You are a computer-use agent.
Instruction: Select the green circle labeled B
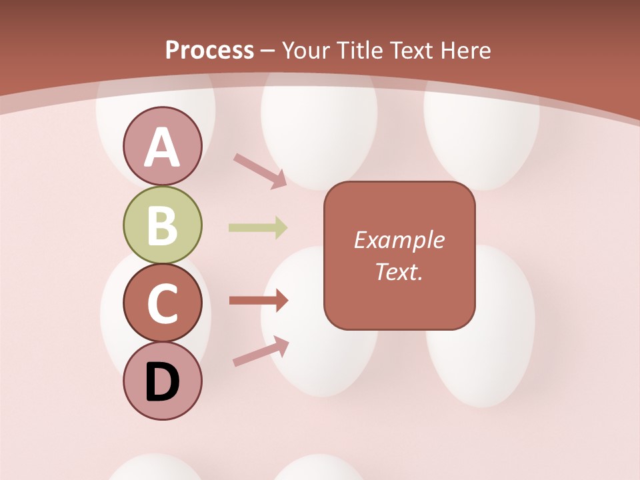pos(162,225)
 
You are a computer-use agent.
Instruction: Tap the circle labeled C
pos(162,303)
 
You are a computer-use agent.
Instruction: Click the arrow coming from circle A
pos(260,169)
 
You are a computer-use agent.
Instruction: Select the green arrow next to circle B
pos(258,228)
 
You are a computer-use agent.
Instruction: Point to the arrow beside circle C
pos(258,301)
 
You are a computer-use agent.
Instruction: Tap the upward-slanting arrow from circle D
pos(261,351)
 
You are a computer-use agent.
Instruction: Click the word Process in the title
pos(209,50)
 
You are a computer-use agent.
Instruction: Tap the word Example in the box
pos(399,240)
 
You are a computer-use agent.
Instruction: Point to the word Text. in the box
pos(399,271)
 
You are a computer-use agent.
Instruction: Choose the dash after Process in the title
pos(268,51)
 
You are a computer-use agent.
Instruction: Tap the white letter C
pos(162,304)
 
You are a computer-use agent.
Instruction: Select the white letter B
pos(162,225)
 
